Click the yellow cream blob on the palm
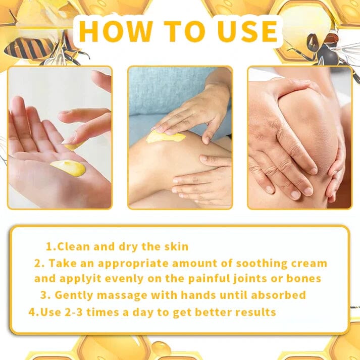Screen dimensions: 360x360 (68, 168)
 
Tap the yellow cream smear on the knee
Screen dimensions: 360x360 (165, 136)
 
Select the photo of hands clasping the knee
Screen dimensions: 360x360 (299, 137)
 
